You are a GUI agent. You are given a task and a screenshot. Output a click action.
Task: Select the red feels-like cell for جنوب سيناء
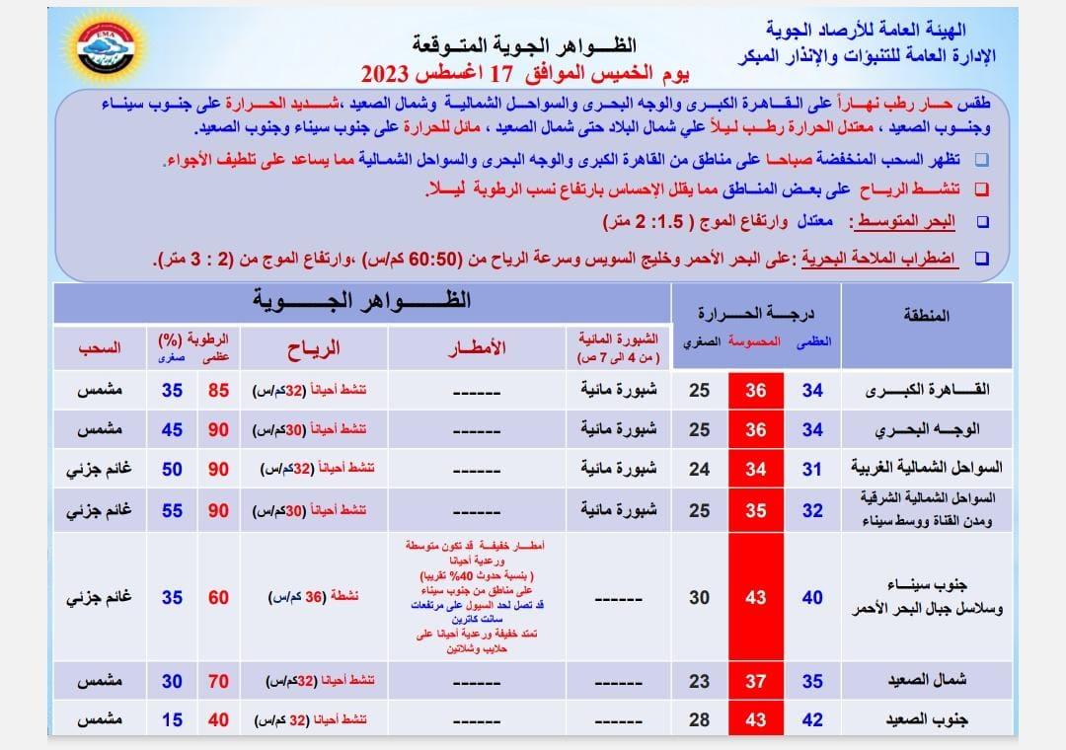click(x=756, y=597)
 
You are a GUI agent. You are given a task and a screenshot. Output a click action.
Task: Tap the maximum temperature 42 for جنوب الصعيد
click(x=811, y=720)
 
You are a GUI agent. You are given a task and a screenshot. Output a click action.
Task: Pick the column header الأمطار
click(x=477, y=347)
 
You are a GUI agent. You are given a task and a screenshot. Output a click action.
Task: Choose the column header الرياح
click(x=314, y=347)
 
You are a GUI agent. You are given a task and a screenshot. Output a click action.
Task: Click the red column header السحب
click(x=100, y=347)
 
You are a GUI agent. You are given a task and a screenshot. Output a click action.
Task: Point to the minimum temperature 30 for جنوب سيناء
click(x=699, y=597)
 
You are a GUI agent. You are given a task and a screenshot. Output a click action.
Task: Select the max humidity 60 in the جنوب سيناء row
click(x=218, y=597)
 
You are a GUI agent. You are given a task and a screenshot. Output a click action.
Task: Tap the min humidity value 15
click(x=172, y=720)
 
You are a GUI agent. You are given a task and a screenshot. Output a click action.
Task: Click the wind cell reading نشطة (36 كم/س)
click(x=314, y=597)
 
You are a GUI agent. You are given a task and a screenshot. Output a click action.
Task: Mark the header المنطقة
click(x=925, y=316)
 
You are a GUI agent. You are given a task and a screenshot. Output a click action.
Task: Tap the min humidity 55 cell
click(x=172, y=510)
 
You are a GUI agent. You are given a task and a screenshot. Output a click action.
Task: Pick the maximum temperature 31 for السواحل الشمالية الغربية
click(x=811, y=469)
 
